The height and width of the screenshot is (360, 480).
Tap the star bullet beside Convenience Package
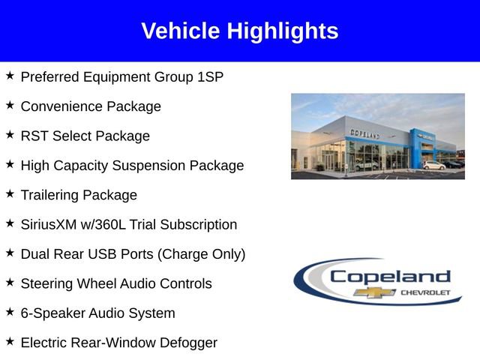[x=10, y=106]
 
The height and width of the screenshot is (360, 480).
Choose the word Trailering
[x=50, y=195]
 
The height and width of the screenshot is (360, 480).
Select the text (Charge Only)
[x=201, y=254]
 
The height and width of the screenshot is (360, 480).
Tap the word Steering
[x=47, y=283]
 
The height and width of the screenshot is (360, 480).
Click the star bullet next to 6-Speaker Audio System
[x=10, y=312]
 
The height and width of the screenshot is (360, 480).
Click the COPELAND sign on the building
[x=364, y=133]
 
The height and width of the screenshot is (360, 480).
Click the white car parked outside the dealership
[x=433, y=164]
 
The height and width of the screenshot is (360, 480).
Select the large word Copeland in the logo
[x=390, y=276]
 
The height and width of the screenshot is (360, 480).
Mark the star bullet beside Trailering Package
[x=10, y=194]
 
